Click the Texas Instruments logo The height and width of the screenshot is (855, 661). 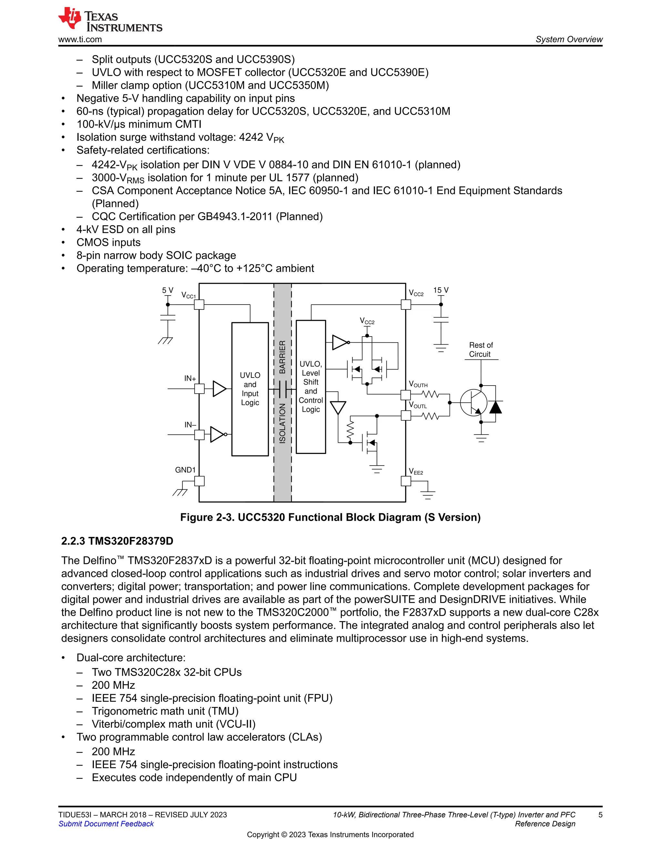pos(110,20)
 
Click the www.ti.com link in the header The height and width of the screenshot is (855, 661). pos(80,40)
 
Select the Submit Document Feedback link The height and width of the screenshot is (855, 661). pos(106,824)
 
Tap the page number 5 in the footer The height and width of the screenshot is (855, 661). pos(600,815)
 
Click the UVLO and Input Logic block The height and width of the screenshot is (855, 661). pos(250,389)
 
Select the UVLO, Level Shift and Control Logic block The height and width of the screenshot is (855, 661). pos(310,387)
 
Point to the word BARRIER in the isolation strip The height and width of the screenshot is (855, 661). pos(282,357)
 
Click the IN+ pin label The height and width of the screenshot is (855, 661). pos(190,378)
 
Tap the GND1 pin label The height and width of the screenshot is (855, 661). pos(185,470)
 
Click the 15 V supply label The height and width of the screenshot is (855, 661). pos(441,290)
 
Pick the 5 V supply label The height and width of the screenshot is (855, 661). pos(168,290)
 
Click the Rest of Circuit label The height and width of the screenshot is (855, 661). pos(481,350)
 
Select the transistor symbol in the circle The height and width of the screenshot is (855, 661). pos(473,402)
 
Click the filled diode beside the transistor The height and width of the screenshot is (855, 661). pos(495,407)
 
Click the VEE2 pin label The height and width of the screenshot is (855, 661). pos(416,471)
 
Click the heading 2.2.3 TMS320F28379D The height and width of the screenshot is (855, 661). pos(117,541)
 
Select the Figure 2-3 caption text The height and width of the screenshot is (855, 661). pos(330,517)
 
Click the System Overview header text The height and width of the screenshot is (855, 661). pos(569,40)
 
